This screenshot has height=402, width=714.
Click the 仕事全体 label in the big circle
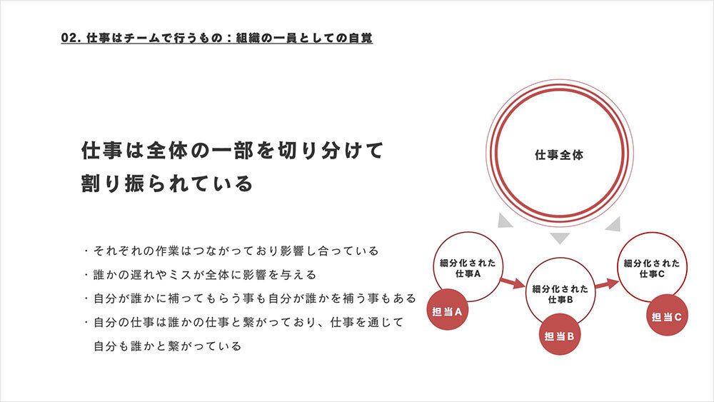coord(559,155)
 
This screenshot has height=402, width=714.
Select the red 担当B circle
coord(559,335)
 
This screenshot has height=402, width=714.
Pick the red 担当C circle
coord(667,316)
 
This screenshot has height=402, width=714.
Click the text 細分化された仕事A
coord(468,268)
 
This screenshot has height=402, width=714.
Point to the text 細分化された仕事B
coord(560,294)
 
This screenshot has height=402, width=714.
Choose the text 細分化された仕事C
coord(652,268)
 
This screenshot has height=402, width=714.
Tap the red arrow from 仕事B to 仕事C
coord(607,284)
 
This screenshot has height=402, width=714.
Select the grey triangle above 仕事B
coord(560,237)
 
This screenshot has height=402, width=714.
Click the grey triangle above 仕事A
coord(505,221)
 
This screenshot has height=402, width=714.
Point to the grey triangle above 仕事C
coord(614,224)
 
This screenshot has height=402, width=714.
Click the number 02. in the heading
coord(71,38)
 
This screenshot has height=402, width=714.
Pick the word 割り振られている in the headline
coord(166,183)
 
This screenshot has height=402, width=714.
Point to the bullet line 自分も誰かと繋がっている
coord(168,346)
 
